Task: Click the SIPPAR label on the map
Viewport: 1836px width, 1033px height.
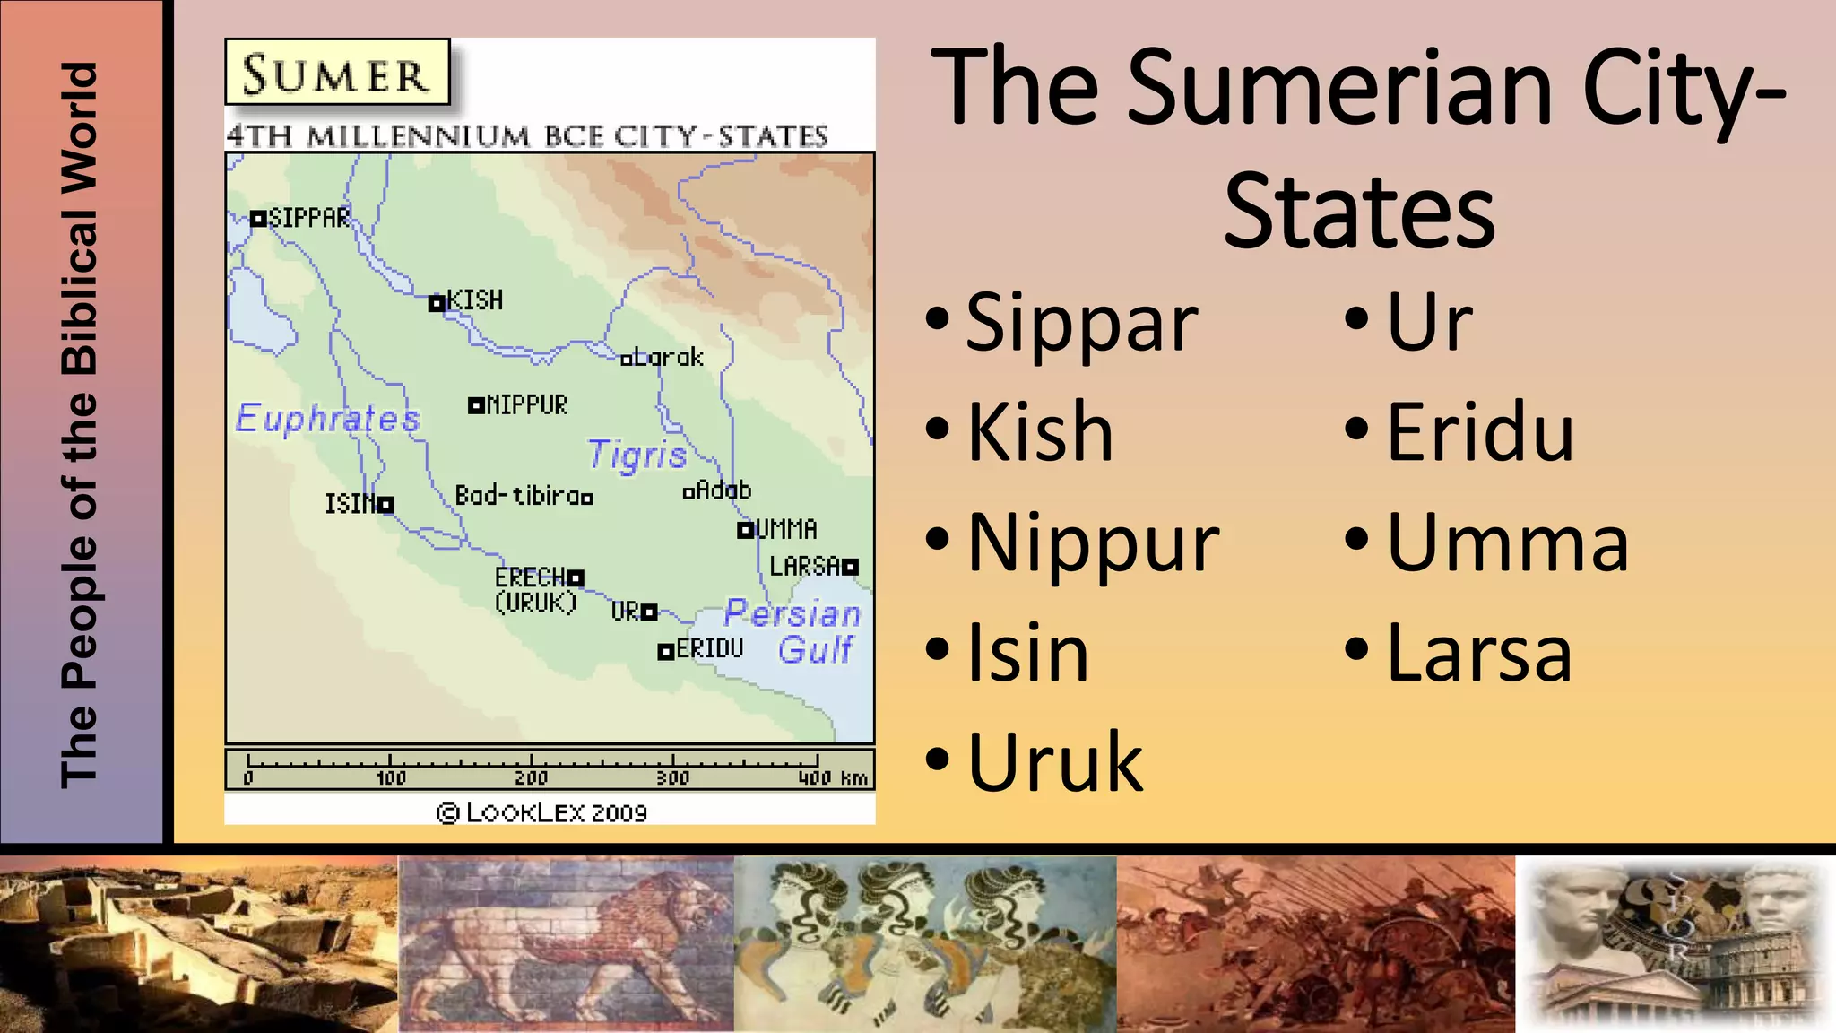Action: click(x=309, y=218)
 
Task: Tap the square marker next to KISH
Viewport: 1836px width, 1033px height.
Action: click(x=437, y=303)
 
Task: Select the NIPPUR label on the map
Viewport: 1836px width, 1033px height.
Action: click(x=527, y=405)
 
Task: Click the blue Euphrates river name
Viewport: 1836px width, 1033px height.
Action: click(x=327, y=419)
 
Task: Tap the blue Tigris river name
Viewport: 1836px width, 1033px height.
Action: click(x=637, y=456)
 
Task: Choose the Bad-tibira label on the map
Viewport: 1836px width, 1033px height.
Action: click(x=517, y=495)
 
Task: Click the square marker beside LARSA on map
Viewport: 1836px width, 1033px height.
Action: click(x=850, y=567)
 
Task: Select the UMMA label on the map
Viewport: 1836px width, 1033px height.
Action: click(x=786, y=529)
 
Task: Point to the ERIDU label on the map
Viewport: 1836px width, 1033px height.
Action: click(x=709, y=648)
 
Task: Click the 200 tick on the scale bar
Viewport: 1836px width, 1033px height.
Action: click(x=531, y=777)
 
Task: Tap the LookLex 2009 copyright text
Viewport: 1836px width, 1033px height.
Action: click(x=541, y=812)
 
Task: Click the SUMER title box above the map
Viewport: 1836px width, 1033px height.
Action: click(x=337, y=74)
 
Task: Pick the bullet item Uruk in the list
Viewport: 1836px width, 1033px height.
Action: click(x=1055, y=762)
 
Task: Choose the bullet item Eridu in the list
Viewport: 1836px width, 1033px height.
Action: click(x=1480, y=433)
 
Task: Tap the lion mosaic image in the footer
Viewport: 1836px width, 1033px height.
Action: click(x=566, y=943)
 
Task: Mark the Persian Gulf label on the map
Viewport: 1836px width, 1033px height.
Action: click(x=793, y=630)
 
